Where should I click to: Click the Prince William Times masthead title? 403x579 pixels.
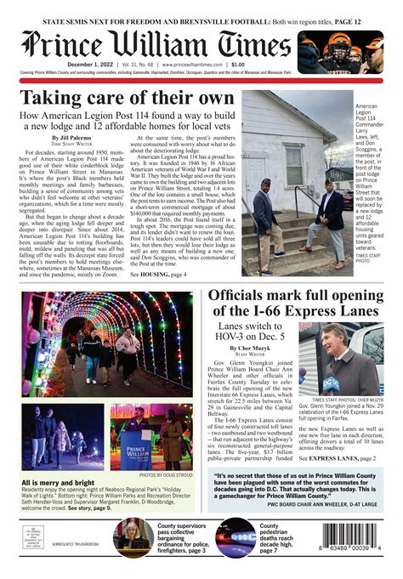click(x=157, y=43)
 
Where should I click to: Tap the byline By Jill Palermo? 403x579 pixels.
click(x=71, y=138)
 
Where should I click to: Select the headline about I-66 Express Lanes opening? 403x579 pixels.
click(x=295, y=298)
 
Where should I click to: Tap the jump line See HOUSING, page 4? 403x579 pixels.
click(x=161, y=275)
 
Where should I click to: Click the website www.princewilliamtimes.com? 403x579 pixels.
click(x=184, y=65)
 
